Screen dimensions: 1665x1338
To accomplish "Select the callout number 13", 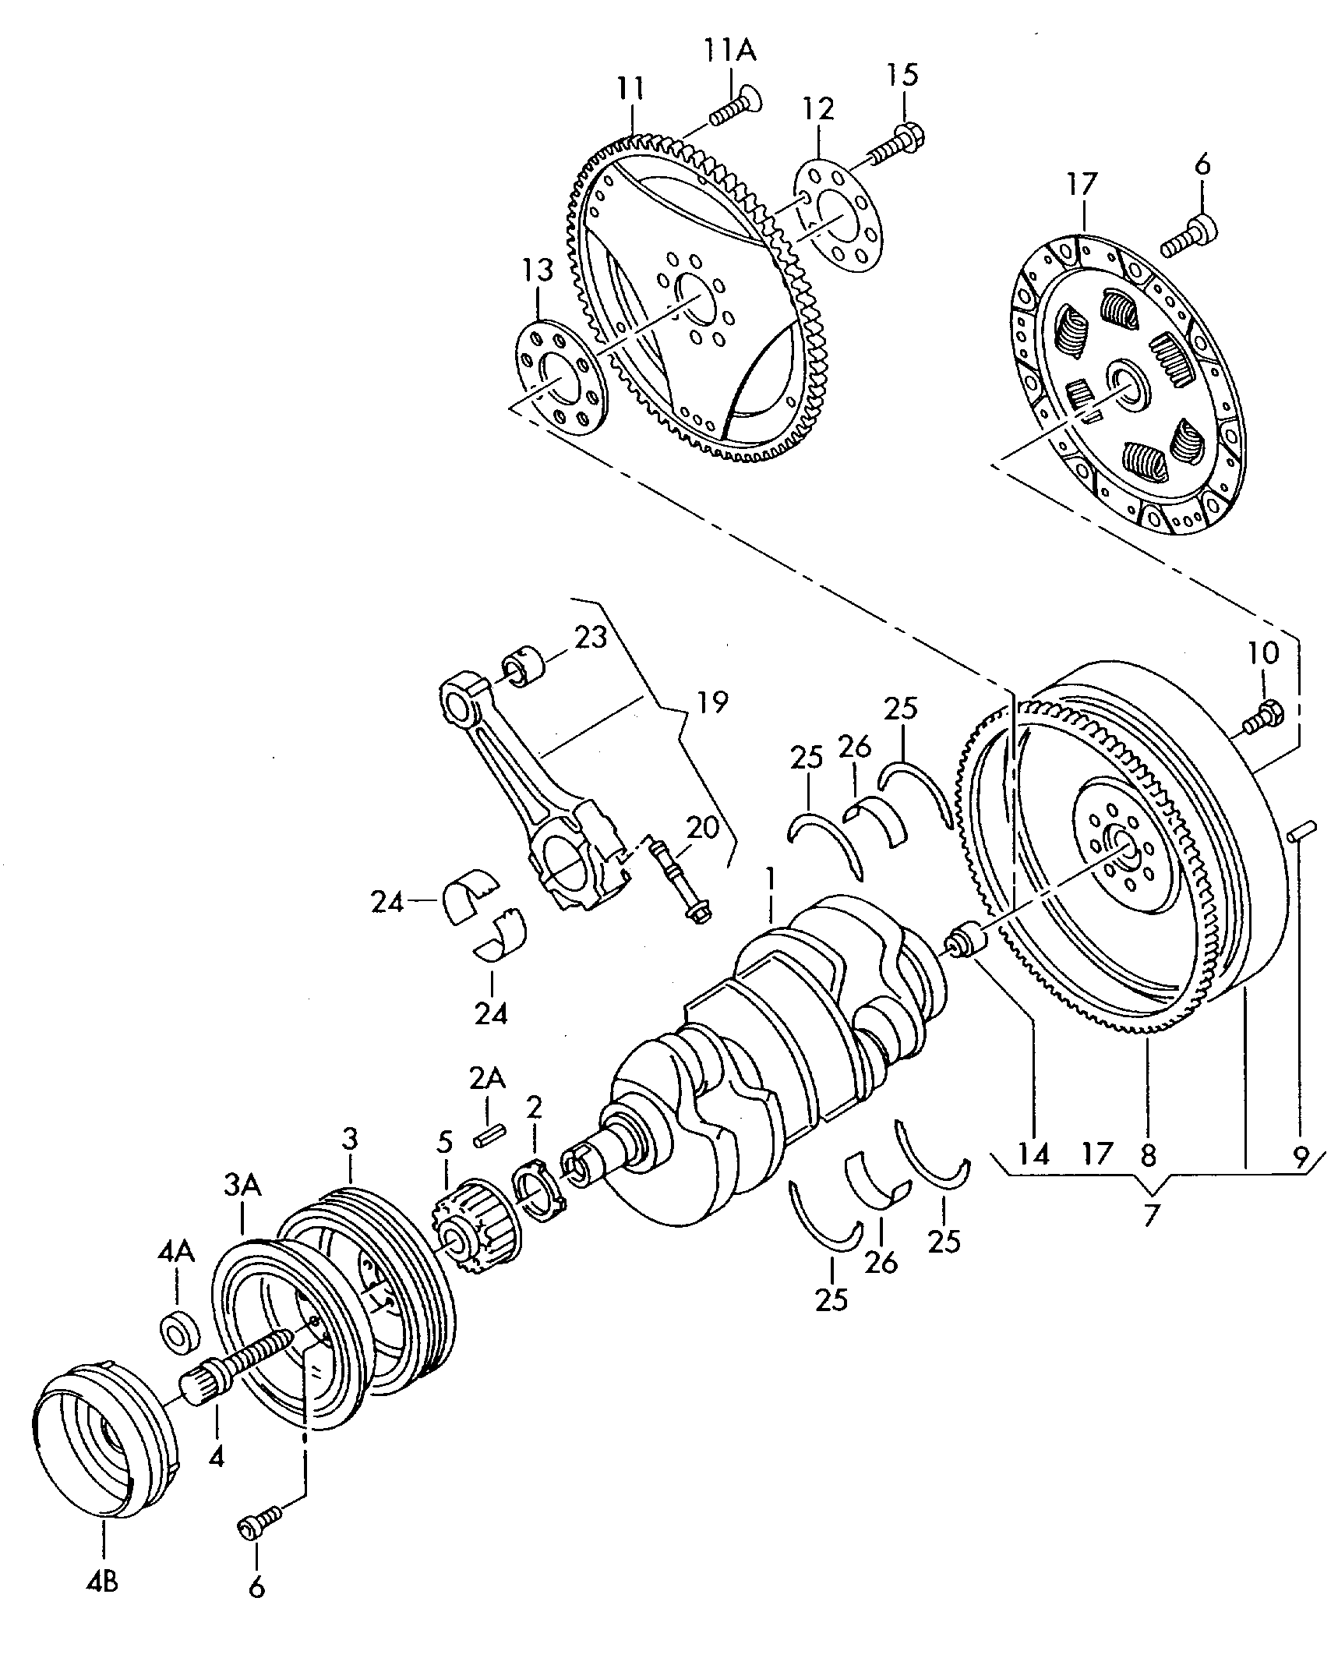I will point(537,270).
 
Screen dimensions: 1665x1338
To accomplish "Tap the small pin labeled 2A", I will point(490,1136).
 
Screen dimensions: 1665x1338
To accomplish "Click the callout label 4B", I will point(103,1563).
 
